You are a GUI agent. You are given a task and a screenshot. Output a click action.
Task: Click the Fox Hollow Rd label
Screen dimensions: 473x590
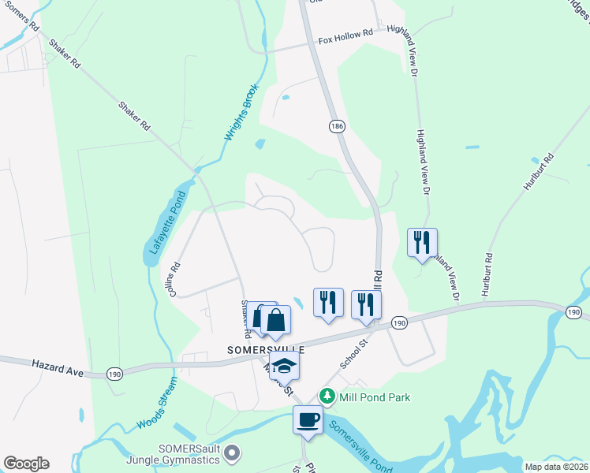[345, 35]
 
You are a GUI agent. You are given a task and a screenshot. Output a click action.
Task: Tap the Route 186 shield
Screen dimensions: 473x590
[337, 126]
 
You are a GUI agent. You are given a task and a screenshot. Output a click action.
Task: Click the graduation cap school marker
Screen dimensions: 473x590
[284, 366]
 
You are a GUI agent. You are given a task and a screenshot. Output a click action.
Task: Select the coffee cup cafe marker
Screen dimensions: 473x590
[308, 419]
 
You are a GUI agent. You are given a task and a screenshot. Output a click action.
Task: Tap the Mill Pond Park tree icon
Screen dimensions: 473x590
[324, 396]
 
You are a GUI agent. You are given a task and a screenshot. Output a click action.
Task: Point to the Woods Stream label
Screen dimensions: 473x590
[156, 404]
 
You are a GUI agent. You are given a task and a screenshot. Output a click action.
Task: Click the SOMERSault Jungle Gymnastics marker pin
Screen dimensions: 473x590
[231, 453]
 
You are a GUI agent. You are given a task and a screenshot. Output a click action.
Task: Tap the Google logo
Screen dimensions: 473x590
[26, 464]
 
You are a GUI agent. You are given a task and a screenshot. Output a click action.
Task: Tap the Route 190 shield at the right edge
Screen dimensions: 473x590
[574, 314]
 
